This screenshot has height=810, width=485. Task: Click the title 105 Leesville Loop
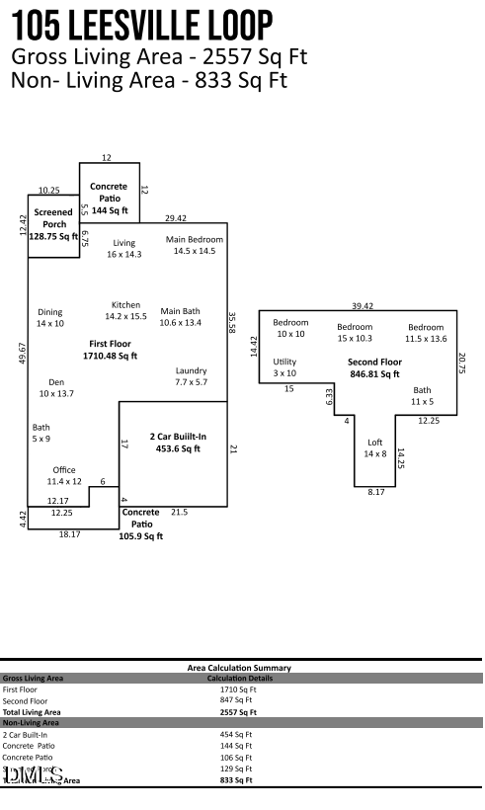coord(143,25)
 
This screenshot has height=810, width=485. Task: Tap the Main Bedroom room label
coord(194,246)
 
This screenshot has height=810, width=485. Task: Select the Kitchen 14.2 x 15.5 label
coord(125,311)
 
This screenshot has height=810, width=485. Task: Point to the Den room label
coord(56,387)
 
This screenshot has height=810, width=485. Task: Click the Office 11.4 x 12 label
coord(64,475)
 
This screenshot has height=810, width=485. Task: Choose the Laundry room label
coord(192,376)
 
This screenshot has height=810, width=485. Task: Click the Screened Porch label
coord(53,224)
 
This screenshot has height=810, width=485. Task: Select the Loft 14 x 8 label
coord(374,447)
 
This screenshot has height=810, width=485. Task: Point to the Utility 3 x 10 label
coord(284,367)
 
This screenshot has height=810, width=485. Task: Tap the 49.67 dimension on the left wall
coord(22,354)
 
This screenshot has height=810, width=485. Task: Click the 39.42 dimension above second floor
coord(363,306)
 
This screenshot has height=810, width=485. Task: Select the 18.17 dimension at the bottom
coord(69,534)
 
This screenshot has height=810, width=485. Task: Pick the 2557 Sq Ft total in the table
coord(237,711)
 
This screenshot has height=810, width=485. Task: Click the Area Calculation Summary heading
coord(239,668)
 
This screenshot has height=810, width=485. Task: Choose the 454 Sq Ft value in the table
coord(237,735)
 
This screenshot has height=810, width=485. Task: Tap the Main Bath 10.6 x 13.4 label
coord(181,316)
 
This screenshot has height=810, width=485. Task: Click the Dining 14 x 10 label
coord(50,318)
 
